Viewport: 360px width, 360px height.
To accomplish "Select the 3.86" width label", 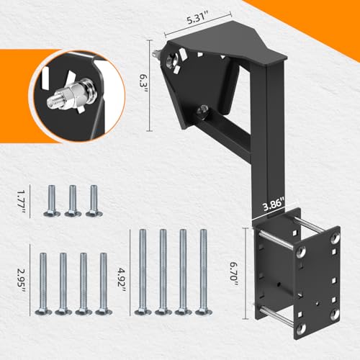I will point(274,204).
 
